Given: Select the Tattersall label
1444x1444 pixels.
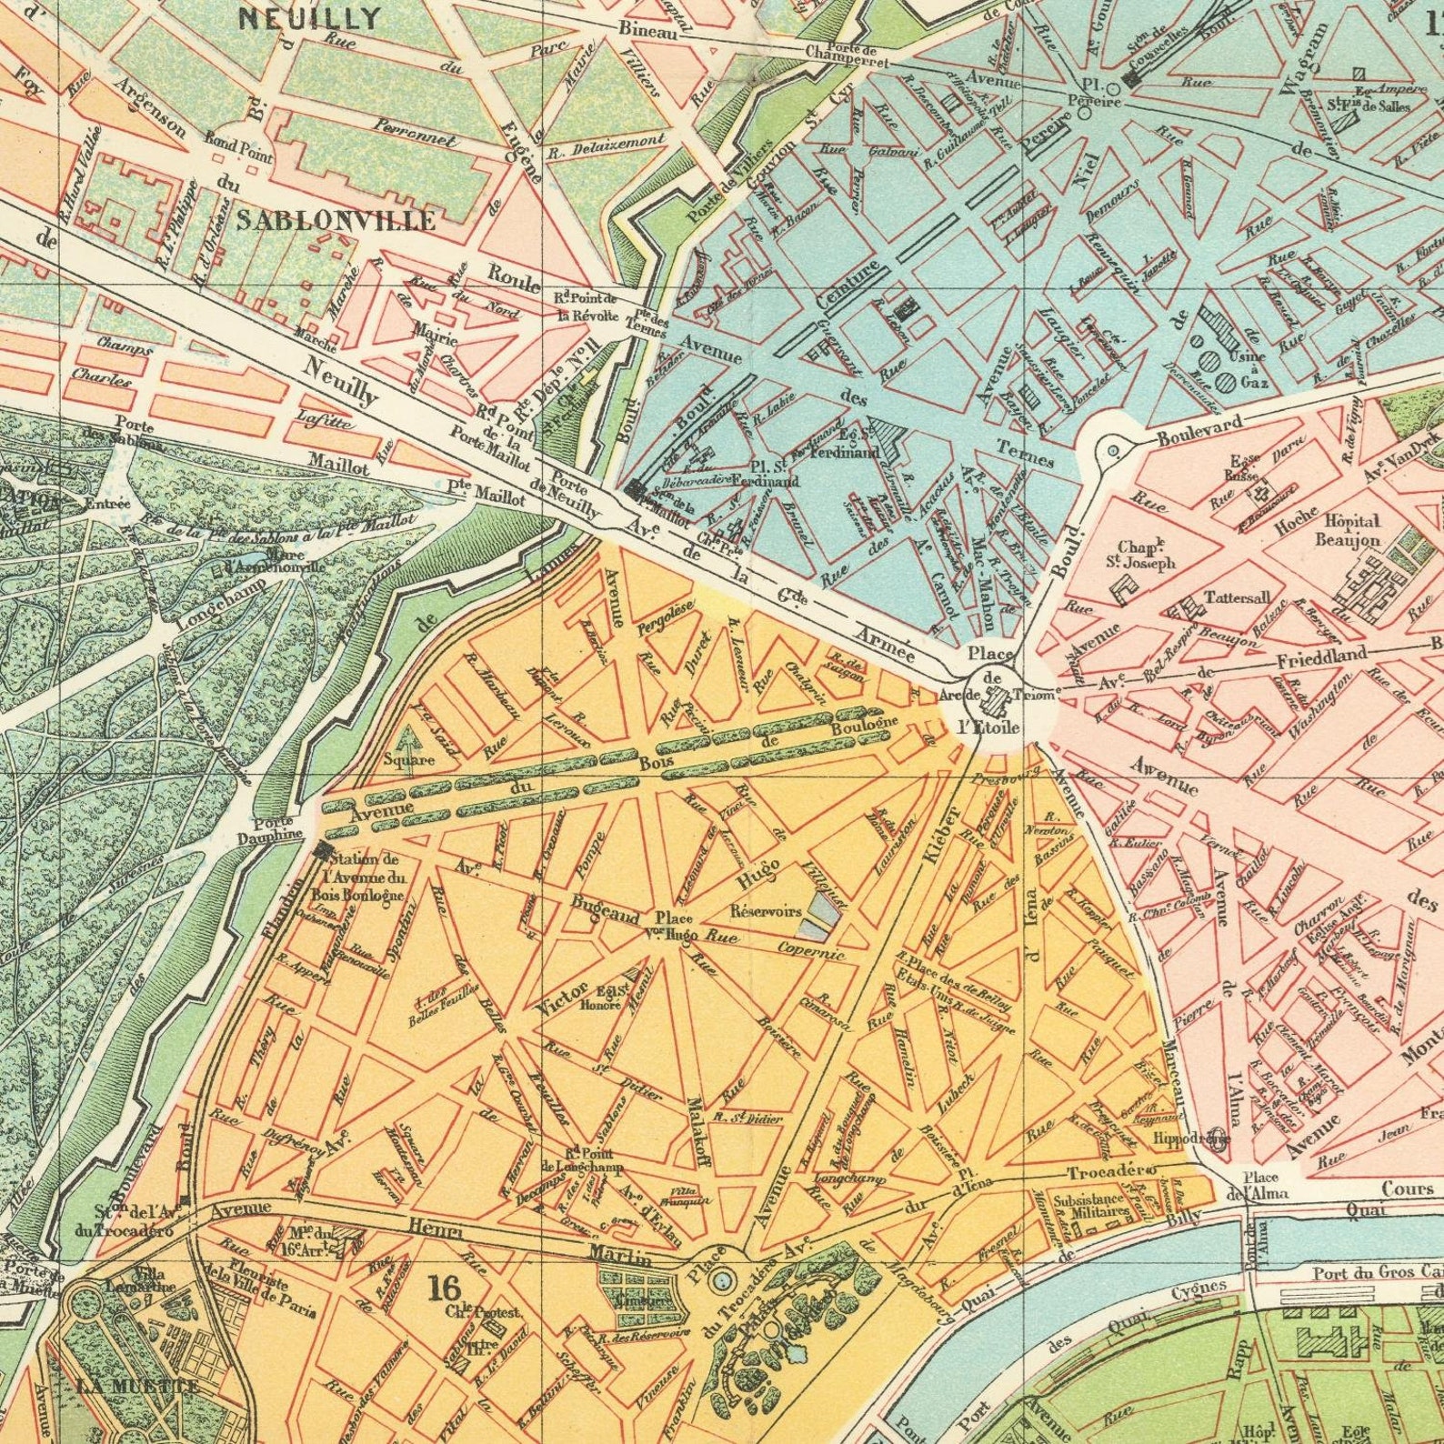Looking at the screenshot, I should pos(1238,597).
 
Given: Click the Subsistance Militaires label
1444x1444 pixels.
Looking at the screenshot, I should pos(1090,1207).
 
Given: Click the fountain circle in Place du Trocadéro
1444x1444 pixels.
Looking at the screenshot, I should pos(721,1280).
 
